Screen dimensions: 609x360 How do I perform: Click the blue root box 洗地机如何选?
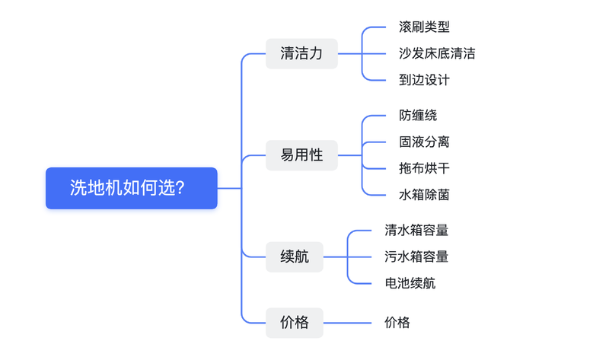131,188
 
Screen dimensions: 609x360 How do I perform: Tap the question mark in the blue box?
180,188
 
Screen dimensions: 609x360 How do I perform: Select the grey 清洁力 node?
301,53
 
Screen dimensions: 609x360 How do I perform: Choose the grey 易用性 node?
301,155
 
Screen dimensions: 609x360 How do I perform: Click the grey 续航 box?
295,257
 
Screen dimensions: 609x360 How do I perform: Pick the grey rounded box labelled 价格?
295,323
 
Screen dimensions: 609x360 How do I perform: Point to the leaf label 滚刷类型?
424,27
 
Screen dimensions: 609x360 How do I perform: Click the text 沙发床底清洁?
437,53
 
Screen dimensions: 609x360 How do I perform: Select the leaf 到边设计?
424,80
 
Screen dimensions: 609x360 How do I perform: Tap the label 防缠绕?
418,116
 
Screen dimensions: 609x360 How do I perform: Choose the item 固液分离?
424,142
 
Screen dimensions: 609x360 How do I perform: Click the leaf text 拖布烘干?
424,168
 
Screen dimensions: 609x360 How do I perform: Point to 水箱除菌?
424,195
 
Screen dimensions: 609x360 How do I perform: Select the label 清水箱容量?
416,231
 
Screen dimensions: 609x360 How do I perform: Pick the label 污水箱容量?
416,256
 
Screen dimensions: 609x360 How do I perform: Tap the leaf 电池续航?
410,283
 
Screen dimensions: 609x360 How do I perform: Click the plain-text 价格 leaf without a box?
397,323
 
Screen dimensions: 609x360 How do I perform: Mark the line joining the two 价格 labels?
347,323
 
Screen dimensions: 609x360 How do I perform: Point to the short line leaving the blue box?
229,188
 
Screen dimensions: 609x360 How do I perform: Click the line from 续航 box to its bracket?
335,257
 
